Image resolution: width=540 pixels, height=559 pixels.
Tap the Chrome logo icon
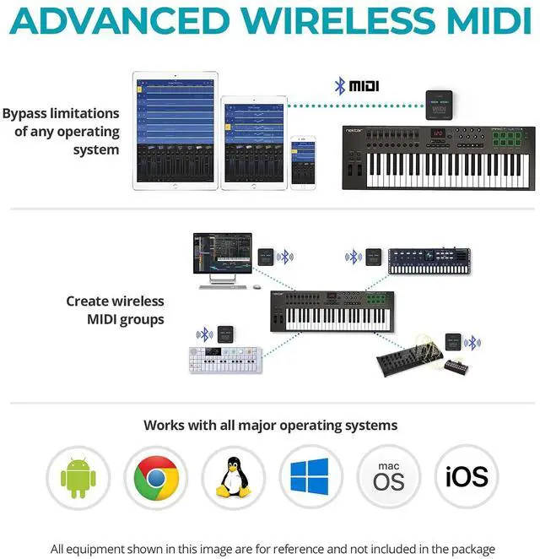click(155, 478)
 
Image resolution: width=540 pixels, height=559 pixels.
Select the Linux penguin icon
click(232, 478)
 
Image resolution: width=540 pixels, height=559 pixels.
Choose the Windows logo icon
click(310, 478)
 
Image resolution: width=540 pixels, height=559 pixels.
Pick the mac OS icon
click(388, 478)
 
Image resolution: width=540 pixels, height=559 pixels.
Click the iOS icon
click(466, 478)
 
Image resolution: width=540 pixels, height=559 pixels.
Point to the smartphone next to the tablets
click(302, 163)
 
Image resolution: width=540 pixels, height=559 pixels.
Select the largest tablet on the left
click(175, 131)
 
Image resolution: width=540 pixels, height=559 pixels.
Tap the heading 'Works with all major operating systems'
click(270, 425)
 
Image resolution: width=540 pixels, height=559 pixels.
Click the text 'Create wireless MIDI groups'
click(115, 309)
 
